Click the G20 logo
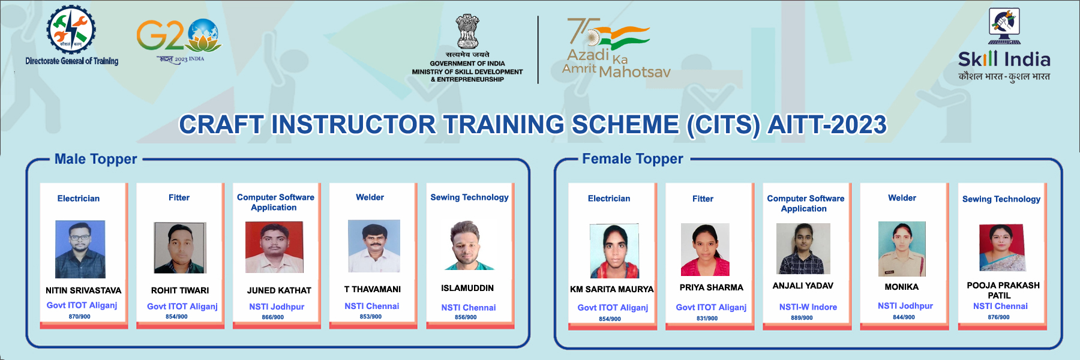(179, 41)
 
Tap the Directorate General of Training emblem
(71, 29)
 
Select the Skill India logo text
(1004, 59)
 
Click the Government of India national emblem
(467, 31)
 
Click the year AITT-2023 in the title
(827, 125)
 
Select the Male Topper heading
(96, 159)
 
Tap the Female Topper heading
(632, 159)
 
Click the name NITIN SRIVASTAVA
(83, 290)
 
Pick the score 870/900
(79, 316)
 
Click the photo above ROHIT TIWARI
(180, 248)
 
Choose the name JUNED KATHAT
(279, 290)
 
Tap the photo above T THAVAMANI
(374, 246)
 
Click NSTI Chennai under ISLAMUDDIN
(469, 307)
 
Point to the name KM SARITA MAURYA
(611, 289)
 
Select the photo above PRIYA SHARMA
(705, 250)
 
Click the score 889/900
(802, 318)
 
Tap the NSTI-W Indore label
(808, 307)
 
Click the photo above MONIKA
(902, 248)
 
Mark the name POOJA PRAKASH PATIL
(1003, 290)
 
